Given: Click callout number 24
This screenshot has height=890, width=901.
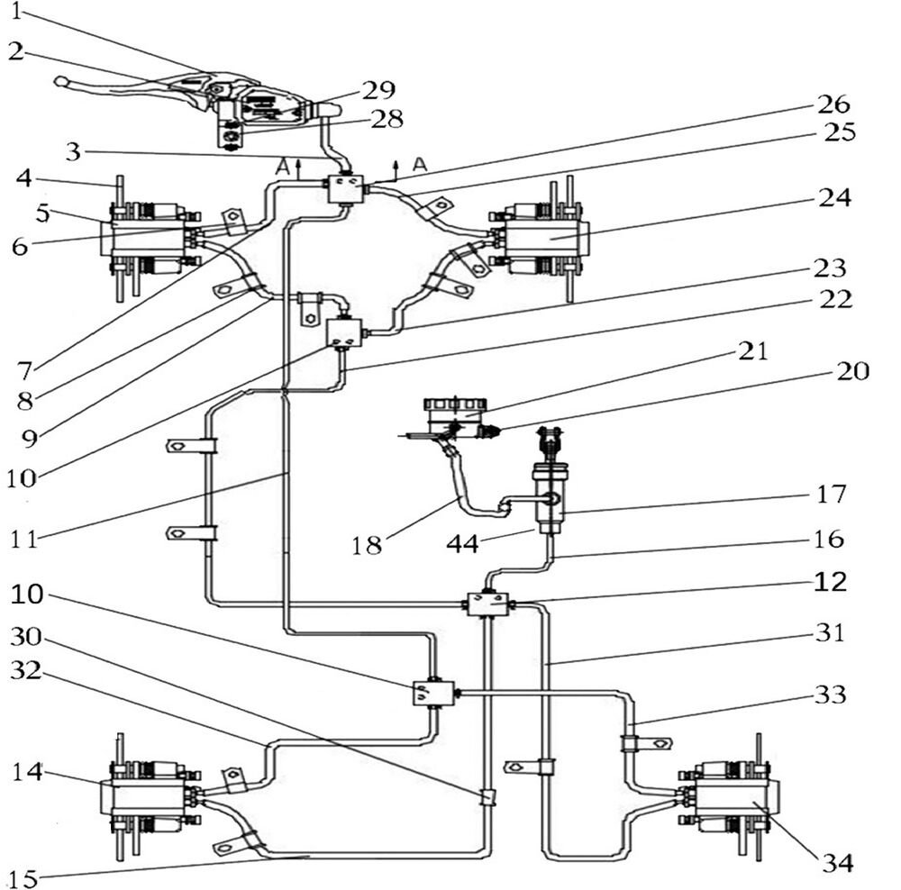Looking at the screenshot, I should point(833,196).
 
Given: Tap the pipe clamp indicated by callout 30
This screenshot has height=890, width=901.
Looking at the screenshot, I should point(487,797).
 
